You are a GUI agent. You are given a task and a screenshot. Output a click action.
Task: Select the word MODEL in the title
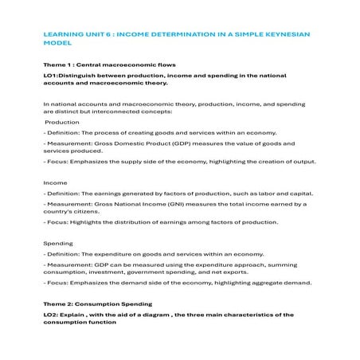[x=57, y=44]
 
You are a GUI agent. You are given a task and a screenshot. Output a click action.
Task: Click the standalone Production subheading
[x=62, y=123]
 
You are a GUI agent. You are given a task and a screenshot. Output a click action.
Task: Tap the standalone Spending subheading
[x=57, y=242]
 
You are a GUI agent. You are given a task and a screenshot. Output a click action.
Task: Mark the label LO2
[x=50, y=315]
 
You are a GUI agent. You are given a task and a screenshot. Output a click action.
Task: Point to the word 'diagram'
[x=166, y=315]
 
